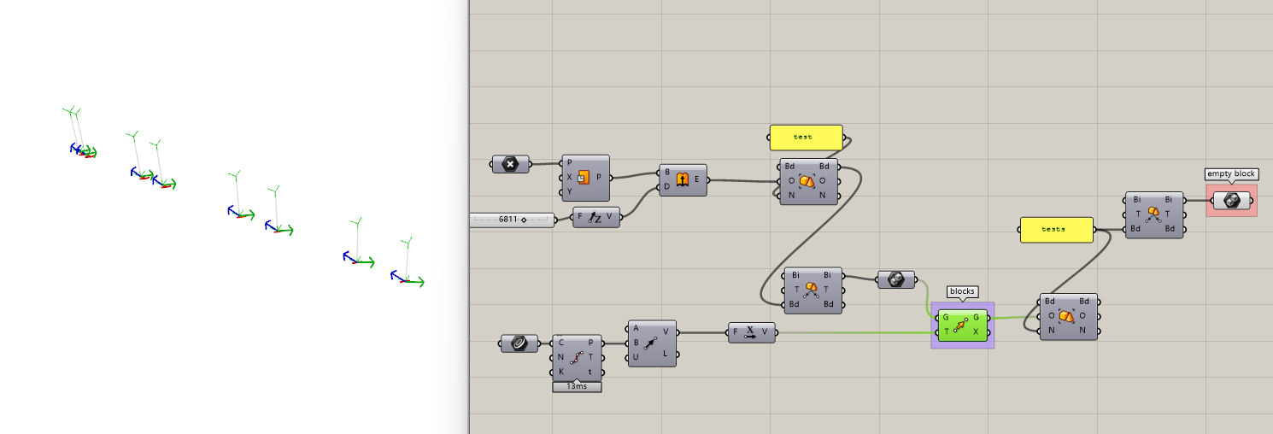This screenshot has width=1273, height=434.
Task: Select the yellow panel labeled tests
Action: [1056, 229]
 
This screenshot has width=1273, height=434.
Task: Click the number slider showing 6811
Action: [512, 220]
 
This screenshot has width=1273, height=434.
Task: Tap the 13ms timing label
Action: [577, 386]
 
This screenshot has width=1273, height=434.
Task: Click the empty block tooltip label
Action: [1231, 173]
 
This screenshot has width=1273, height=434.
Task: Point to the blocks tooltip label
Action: [962, 291]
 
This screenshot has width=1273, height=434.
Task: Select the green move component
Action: [962, 325]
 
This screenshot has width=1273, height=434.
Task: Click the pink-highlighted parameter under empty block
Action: [1231, 200]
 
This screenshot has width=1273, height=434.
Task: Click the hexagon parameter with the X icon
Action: [510, 163]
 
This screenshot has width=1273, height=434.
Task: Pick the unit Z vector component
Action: [595, 218]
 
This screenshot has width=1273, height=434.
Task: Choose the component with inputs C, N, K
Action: [577, 357]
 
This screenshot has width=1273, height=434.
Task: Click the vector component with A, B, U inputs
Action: [651, 343]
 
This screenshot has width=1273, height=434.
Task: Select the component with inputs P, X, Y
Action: [585, 177]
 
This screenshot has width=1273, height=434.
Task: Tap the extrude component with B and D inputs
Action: [683, 179]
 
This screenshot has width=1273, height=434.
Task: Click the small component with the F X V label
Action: [752, 332]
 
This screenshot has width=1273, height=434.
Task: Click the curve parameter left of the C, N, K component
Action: [519, 343]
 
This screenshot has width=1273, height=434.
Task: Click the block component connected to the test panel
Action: [809, 181]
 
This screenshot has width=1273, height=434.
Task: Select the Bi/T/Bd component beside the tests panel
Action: [1154, 214]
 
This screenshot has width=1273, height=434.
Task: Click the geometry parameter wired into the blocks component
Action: [896, 279]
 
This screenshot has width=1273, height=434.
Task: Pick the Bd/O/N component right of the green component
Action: [1068, 316]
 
